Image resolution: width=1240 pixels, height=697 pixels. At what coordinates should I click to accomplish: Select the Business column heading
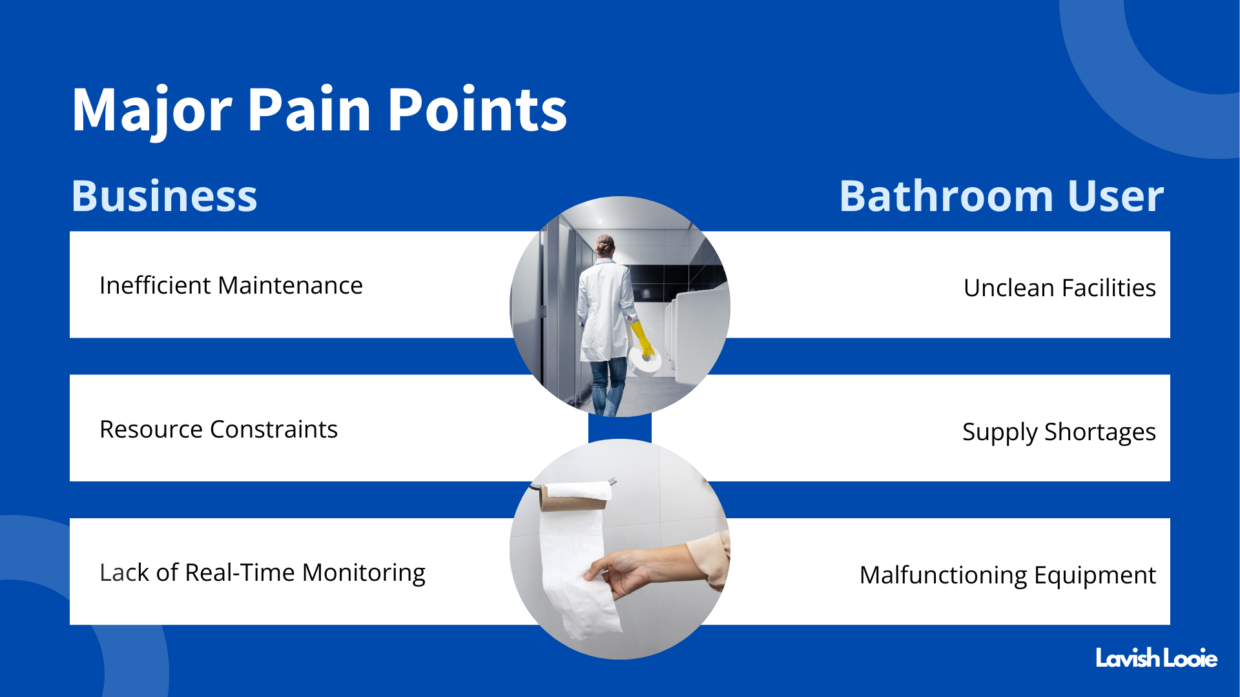click(x=164, y=196)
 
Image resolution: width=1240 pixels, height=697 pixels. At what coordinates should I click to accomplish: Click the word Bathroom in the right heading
click(x=947, y=196)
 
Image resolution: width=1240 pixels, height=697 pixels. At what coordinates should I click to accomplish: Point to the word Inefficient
click(x=155, y=285)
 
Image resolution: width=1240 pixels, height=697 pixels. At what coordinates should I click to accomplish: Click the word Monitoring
click(x=364, y=573)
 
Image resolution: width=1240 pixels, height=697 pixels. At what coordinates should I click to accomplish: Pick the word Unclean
click(x=1009, y=288)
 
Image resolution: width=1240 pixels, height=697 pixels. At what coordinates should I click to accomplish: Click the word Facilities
click(x=1109, y=288)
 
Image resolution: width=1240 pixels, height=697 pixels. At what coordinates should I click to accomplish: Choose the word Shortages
click(x=1100, y=432)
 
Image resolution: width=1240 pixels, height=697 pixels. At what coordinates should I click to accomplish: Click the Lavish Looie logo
click(x=1156, y=658)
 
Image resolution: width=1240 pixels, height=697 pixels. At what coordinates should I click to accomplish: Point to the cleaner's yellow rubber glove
click(x=641, y=339)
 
